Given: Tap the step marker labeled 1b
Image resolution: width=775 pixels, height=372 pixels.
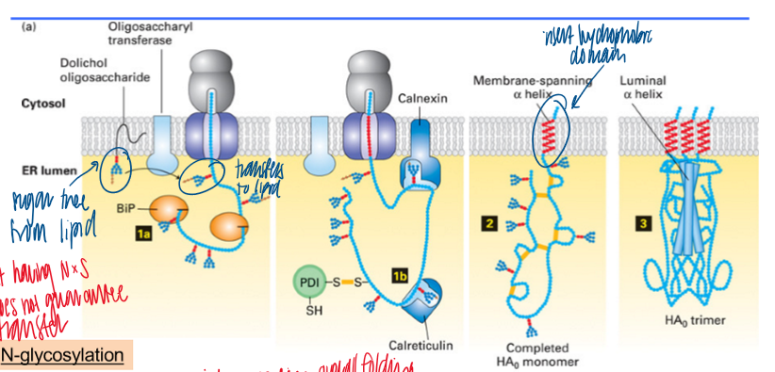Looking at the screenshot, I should (x=398, y=274).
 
